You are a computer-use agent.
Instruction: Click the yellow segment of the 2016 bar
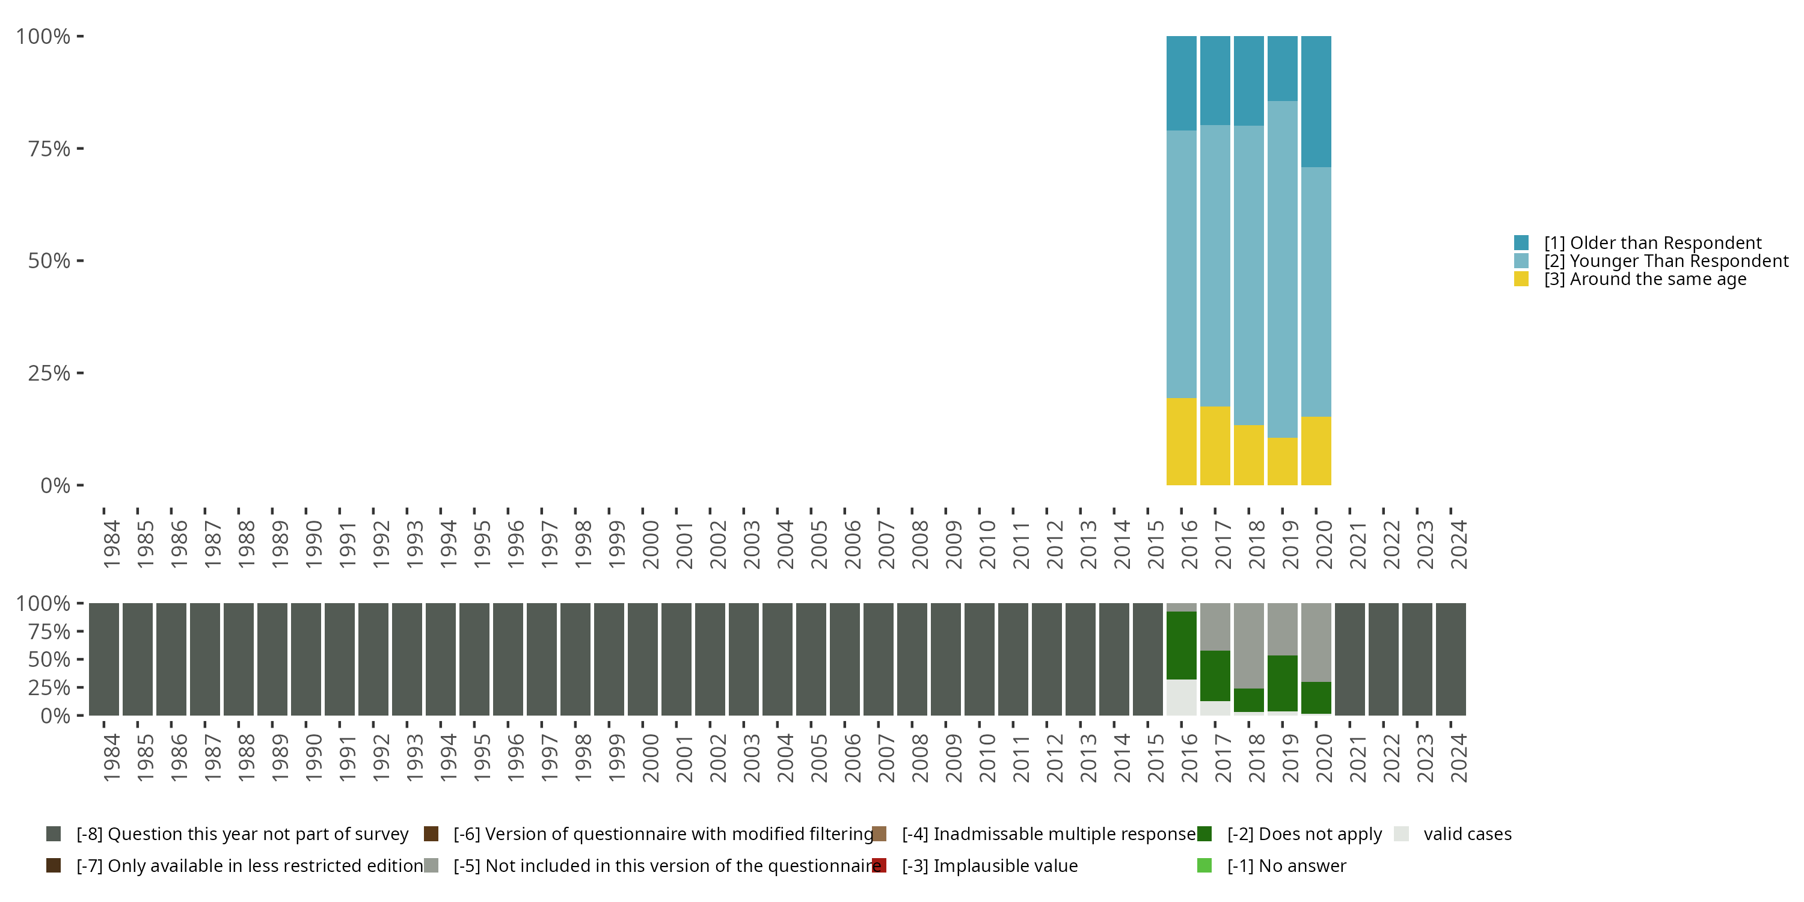pyautogui.click(x=1181, y=441)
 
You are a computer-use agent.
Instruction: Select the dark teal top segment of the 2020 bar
pyautogui.click(x=1316, y=102)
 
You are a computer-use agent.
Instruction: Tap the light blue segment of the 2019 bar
pyautogui.click(x=1282, y=269)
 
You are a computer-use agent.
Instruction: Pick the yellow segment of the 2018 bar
pyautogui.click(x=1248, y=455)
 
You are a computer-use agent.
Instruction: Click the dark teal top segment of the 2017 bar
pyautogui.click(x=1215, y=81)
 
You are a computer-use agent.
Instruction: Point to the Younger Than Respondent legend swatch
pyautogui.click(x=1521, y=261)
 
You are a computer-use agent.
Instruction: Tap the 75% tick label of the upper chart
pyautogui.click(x=49, y=149)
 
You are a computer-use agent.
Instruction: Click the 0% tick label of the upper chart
pyautogui.click(x=55, y=485)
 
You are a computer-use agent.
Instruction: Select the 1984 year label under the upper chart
pyautogui.click(x=111, y=544)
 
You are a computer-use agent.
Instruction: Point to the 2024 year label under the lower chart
pyautogui.click(x=1459, y=758)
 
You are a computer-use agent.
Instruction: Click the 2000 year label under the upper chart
pyautogui.click(x=651, y=544)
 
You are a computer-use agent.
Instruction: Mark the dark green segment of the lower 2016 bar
pyautogui.click(x=1181, y=645)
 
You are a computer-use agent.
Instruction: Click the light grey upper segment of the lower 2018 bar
pyautogui.click(x=1248, y=645)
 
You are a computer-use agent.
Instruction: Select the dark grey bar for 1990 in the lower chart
pyautogui.click(x=306, y=659)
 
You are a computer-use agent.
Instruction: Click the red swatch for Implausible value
pyautogui.click(x=880, y=865)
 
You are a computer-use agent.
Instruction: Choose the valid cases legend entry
pyautogui.click(x=1467, y=834)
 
